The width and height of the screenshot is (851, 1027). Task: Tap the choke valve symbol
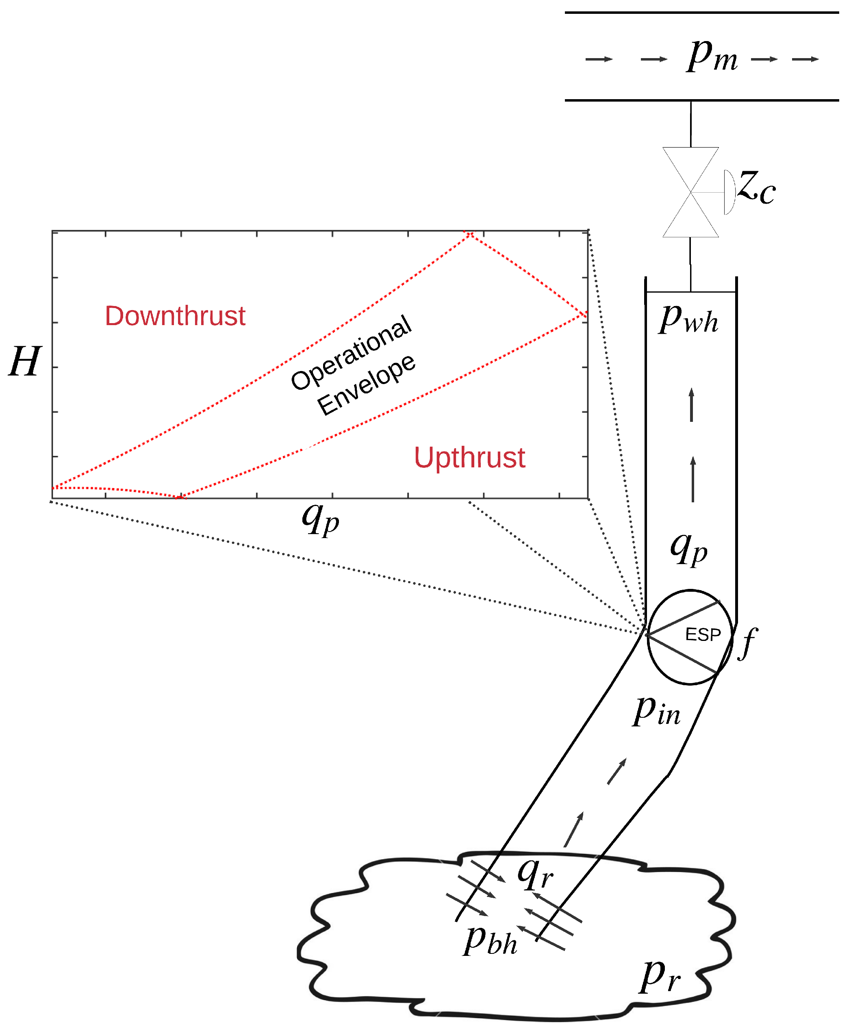[x=690, y=192]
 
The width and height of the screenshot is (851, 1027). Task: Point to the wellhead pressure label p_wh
[x=688, y=319]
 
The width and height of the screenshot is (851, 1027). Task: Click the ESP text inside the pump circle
[x=702, y=635]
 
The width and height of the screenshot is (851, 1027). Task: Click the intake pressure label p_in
[x=656, y=711]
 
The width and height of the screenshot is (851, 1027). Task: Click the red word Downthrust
[x=175, y=316]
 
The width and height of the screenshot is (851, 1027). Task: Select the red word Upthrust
[x=469, y=458]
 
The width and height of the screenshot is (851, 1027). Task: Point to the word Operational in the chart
[x=351, y=352]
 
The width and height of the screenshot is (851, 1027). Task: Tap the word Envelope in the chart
[x=366, y=384]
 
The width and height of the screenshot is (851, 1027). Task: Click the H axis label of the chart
[x=24, y=361]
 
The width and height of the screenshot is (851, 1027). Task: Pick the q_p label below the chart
[x=320, y=519]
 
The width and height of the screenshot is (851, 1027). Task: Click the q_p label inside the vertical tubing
[x=688, y=549]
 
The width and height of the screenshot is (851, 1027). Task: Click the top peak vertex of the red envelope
[x=469, y=234]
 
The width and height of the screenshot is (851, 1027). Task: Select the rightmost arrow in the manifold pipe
[x=805, y=59]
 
